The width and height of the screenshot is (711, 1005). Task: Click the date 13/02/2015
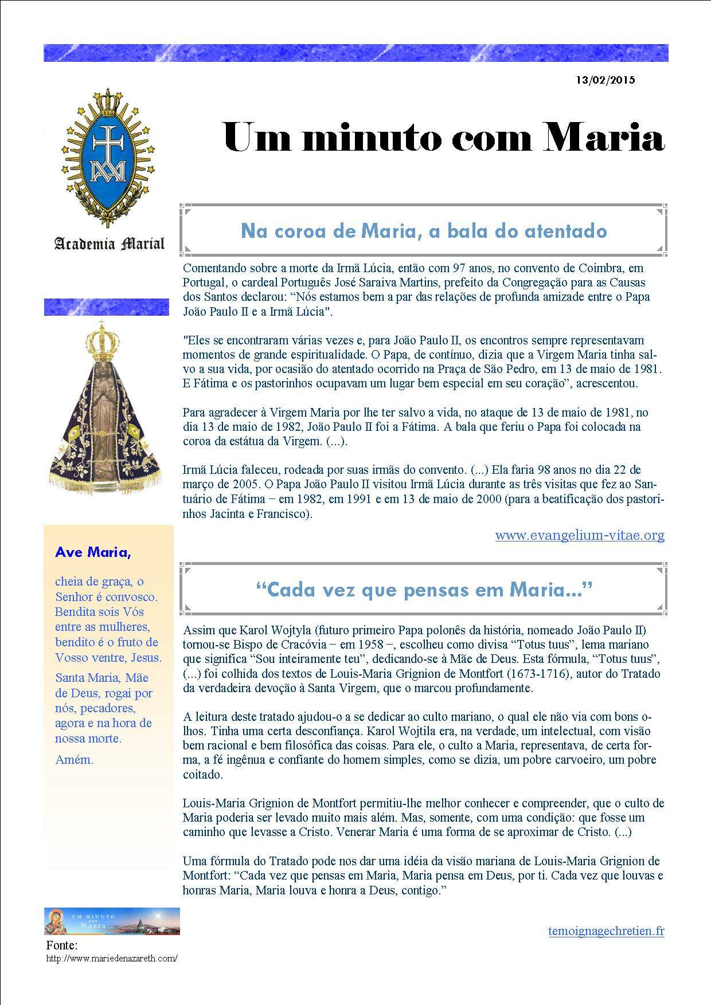(x=606, y=80)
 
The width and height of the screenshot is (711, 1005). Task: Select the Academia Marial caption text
(x=109, y=244)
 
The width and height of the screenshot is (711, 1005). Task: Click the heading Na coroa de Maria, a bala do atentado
(x=424, y=231)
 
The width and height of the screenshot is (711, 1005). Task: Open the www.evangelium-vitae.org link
(x=580, y=535)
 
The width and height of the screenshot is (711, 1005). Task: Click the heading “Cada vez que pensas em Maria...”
(x=424, y=590)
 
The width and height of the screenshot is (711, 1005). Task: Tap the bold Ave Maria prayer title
(x=93, y=552)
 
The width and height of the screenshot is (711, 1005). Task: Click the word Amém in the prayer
(x=74, y=760)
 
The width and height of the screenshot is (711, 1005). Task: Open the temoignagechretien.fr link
(x=606, y=931)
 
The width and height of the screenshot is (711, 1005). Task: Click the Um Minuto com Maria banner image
(x=112, y=921)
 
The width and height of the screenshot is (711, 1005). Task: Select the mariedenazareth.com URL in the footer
(x=112, y=958)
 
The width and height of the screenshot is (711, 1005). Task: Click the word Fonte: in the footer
(x=61, y=945)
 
